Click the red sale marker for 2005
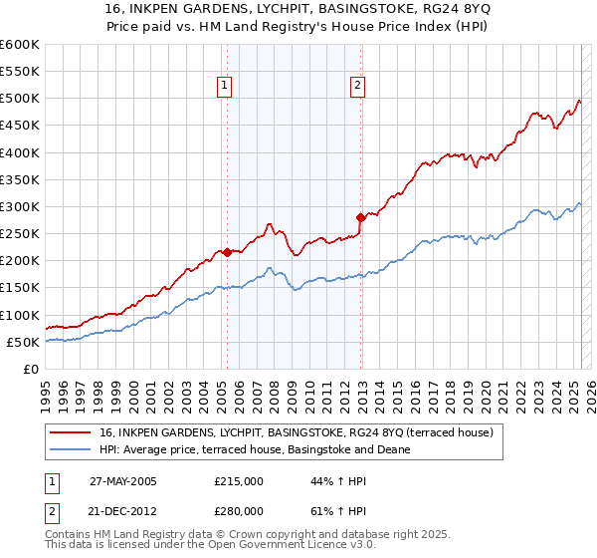coord(227,252)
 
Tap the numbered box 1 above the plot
coord(227,86)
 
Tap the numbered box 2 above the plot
coord(357,86)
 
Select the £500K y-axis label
coord(19,99)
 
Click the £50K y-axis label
coord(23,342)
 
